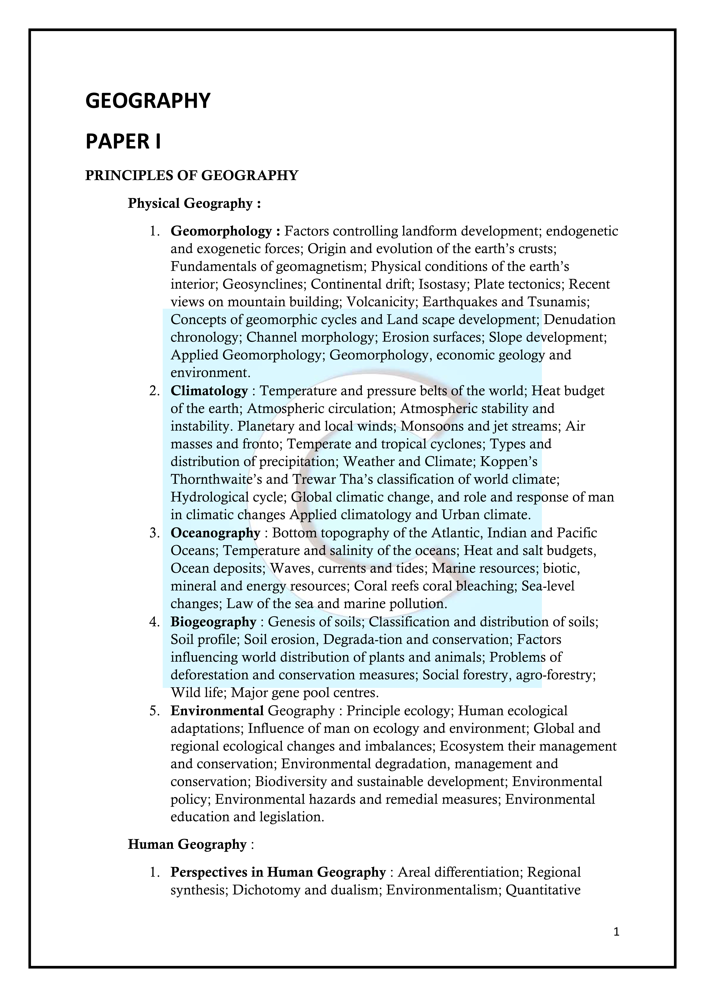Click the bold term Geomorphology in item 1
pyautogui.click(x=221, y=231)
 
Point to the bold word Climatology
pyautogui.click(x=209, y=391)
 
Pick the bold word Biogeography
pyautogui.click(x=213, y=622)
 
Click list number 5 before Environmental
pyautogui.click(x=154, y=711)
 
